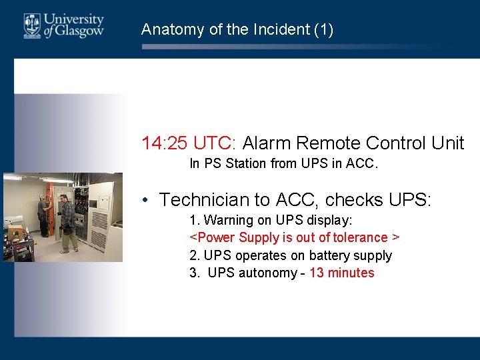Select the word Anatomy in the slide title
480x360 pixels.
click(x=168, y=29)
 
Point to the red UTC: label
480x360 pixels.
click(x=215, y=143)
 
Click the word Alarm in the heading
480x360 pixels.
click(x=267, y=143)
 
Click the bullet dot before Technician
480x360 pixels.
click(x=145, y=200)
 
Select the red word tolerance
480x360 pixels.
click(x=360, y=237)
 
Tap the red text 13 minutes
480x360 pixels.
click(x=341, y=273)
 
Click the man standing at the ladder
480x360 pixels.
click(x=42, y=217)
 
